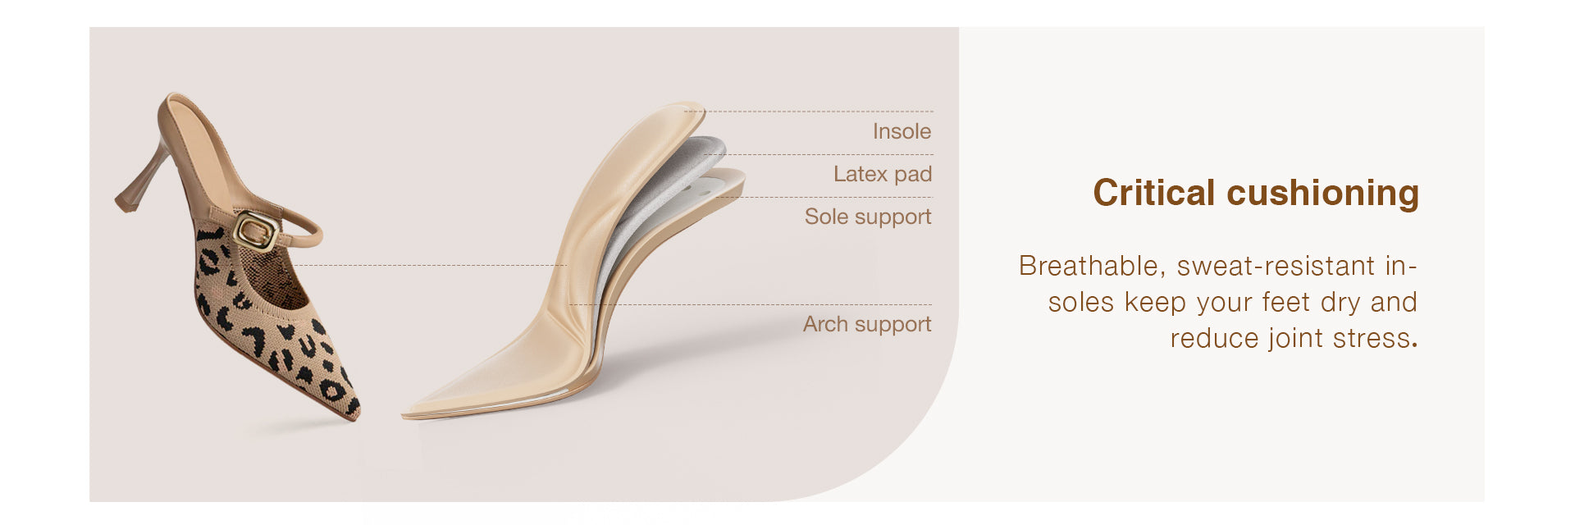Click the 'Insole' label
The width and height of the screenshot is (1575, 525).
902,131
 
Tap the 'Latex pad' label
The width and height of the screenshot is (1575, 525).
883,174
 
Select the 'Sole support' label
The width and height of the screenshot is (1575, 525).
868,217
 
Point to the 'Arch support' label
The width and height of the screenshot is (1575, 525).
867,324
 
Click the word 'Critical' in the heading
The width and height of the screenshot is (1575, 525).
1154,193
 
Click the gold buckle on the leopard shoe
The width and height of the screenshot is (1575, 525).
255,231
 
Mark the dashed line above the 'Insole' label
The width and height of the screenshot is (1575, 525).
809,112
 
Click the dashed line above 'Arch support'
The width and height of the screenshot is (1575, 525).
751,305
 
